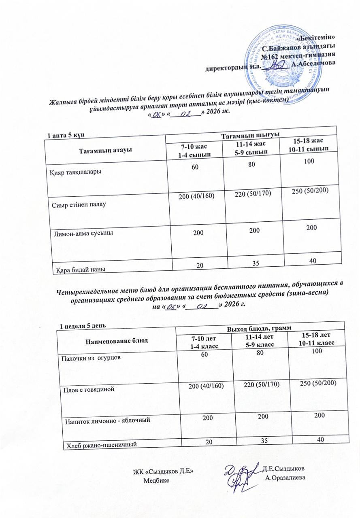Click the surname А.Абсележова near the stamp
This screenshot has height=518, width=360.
(x=312, y=64)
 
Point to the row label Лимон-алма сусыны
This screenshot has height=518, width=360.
(x=80, y=234)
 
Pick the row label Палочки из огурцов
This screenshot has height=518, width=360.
(x=91, y=358)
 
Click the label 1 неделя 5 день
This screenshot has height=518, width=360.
(x=83, y=326)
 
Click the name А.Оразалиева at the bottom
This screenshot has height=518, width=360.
(x=285, y=478)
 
